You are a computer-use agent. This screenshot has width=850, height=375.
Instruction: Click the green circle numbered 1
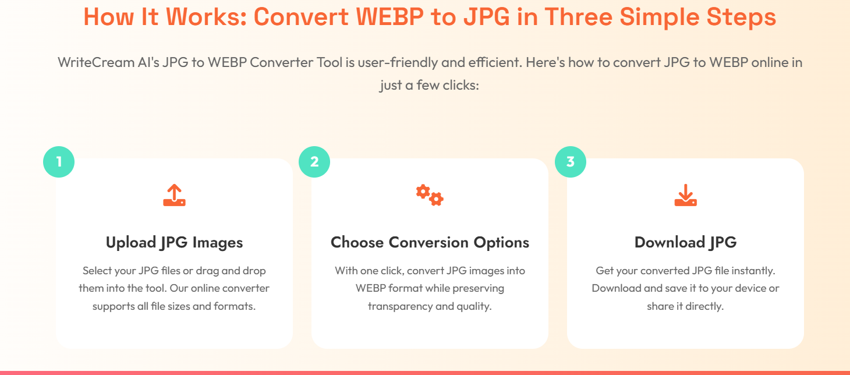(59, 162)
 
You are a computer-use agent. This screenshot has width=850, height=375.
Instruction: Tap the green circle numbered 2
(314, 162)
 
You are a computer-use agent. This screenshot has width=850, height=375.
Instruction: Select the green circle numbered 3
(571, 162)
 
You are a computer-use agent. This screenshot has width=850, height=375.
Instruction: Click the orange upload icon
(174, 195)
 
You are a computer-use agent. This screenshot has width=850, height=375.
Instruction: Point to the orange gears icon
(430, 195)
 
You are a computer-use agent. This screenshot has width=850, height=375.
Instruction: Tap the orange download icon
(686, 195)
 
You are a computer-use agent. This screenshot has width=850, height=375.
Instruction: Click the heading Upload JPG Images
(174, 243)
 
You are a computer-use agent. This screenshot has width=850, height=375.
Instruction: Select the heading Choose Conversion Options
(430, 243)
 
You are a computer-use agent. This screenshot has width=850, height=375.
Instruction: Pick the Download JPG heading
(686, 243)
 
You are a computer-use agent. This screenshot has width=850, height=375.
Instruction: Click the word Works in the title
(207, 17)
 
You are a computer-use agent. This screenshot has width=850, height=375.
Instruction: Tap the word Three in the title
(578, 17)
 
